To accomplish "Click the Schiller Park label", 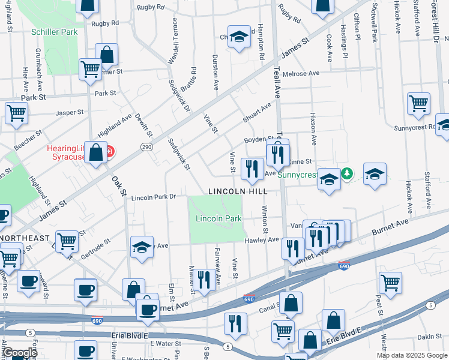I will (x=56, y=31).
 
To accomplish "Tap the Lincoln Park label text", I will (x=218, y=219).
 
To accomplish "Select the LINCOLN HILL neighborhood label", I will (x=237, y=191).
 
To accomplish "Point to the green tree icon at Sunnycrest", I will (x=346, y=173).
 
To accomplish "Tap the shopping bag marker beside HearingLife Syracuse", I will (x=95, y=152).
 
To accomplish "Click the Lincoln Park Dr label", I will (x=153, y=196).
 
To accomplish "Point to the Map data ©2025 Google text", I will (x=411, y=355).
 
